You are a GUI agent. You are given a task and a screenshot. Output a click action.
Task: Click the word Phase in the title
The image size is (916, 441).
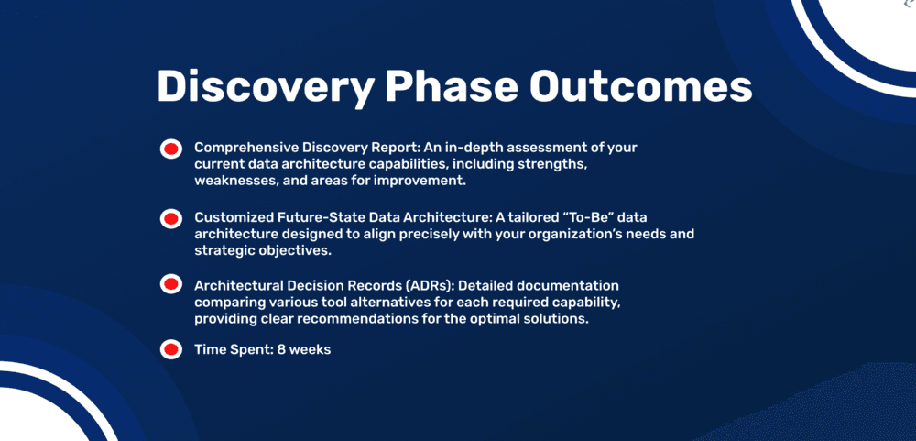tap(452, 86)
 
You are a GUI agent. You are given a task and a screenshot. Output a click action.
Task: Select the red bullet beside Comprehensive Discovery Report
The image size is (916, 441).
tap(170, 149)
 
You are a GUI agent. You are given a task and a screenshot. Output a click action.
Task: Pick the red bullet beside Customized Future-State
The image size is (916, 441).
tap(170, 219)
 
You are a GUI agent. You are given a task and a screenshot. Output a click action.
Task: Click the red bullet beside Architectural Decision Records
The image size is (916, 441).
tap(170, 285)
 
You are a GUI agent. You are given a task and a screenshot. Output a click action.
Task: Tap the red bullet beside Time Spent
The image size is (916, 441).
tap(170, 349)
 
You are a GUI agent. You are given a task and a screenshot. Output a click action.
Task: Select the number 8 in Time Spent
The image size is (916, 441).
tap(281, 349)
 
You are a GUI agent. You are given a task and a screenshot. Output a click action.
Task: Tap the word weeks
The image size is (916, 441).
tap(311, 349)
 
